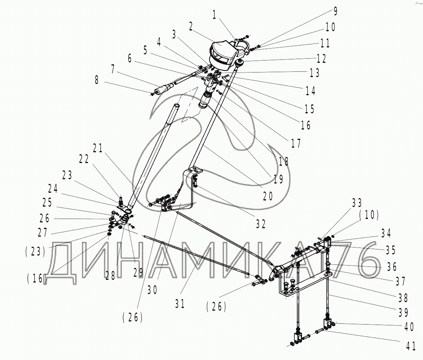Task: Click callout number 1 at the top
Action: click(215, 15)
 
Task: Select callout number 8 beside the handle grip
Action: click(97, 81)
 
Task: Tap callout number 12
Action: click(321, 58)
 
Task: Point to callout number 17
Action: click(295, 144)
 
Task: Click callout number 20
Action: click(268, 196)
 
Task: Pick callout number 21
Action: click(98, 148)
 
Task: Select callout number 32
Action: click(261, 224)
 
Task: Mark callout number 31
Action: click(180, 304)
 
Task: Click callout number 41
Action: click(411, 346)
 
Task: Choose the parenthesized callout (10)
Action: click(369, 215)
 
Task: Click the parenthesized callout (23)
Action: click(35, 252)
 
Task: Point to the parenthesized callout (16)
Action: click(36, 279)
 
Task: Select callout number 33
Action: click(357, 203)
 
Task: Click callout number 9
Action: click(336, 11)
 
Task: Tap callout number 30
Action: click(153, 290)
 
